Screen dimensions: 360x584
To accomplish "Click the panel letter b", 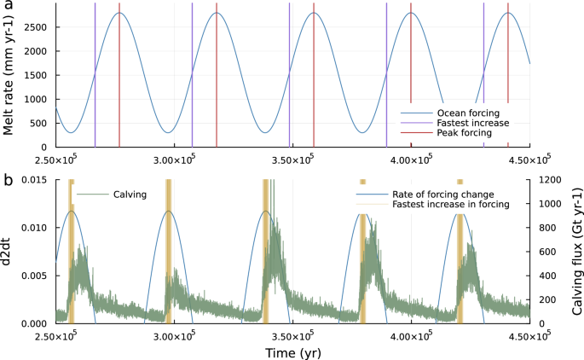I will (x=9, y=181).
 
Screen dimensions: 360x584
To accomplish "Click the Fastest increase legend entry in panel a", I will (x=472, y=123).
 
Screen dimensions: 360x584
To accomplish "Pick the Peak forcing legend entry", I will (x=465, y=133).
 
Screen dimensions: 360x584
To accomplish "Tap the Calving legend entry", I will (x=130, y=195).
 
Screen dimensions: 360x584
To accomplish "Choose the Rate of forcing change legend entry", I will (x=441, y=195).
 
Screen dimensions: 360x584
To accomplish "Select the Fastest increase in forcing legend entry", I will (x=449, y=205).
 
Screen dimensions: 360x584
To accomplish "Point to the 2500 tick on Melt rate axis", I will (x=35, y=27).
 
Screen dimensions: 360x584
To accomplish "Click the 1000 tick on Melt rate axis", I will (x=35, y=100).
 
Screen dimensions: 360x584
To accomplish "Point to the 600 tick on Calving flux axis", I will (x=544, y=252).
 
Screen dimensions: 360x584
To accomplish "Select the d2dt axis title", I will (x=9, y=252).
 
